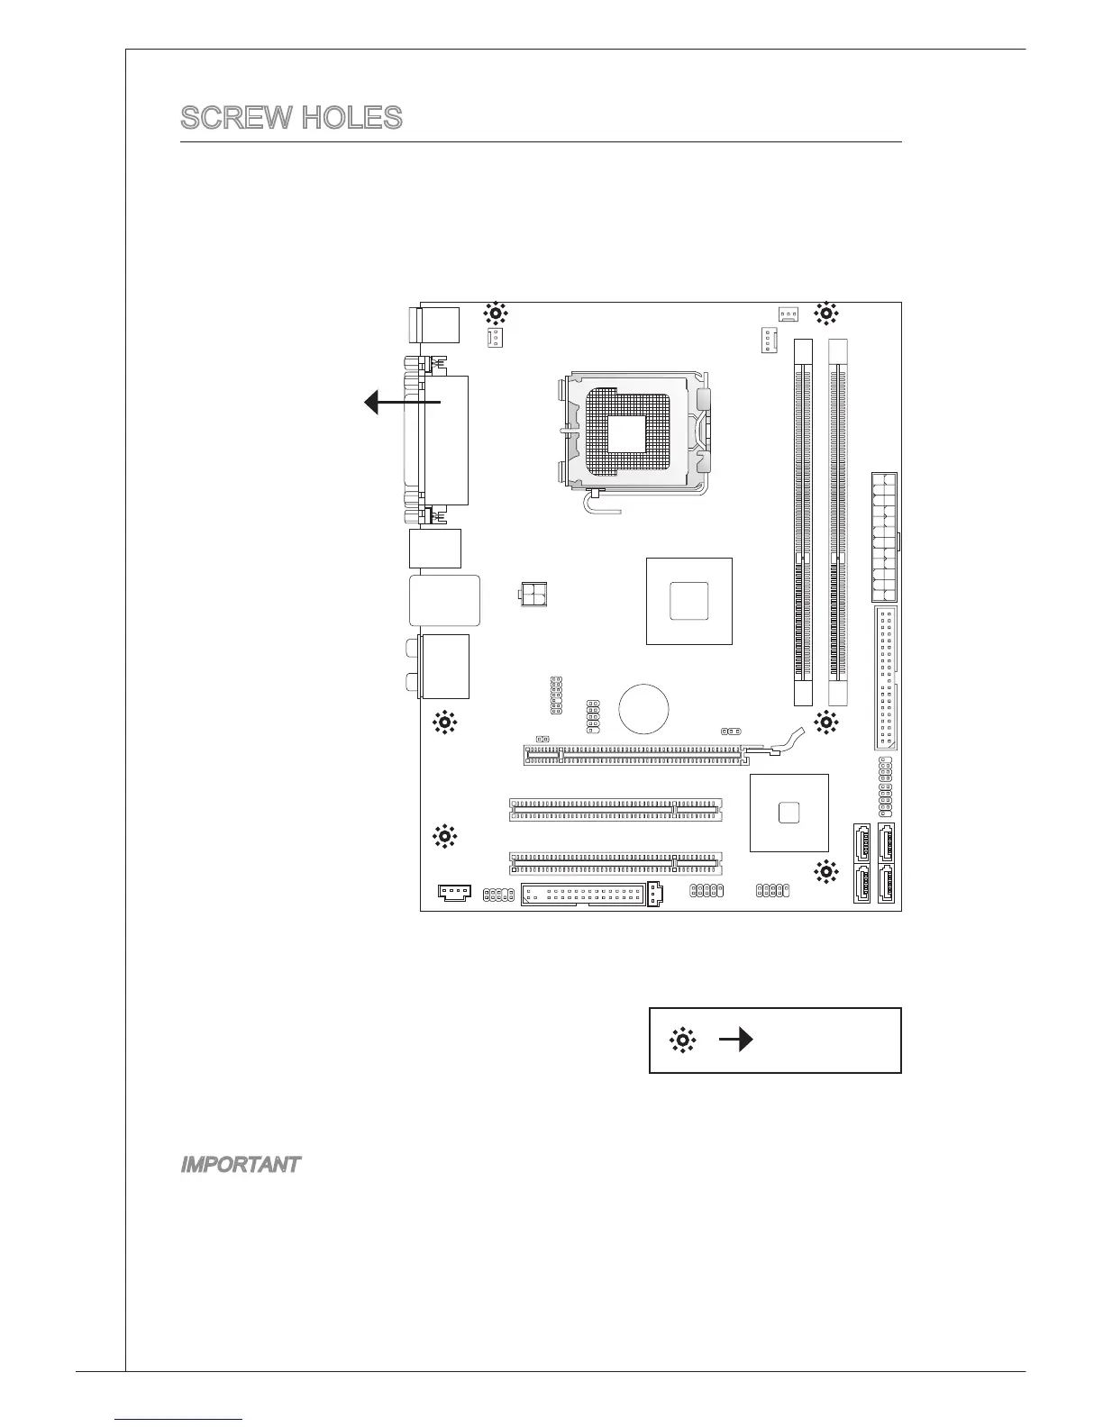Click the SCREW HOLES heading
291,118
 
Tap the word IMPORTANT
240,1165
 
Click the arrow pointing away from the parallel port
402,403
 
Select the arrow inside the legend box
735,1041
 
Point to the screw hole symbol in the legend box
683,1041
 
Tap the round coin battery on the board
643,708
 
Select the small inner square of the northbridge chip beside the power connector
689,601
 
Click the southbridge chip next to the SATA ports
789,812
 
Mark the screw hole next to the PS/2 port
496,314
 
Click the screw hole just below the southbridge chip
825,871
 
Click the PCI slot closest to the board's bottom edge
615,863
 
